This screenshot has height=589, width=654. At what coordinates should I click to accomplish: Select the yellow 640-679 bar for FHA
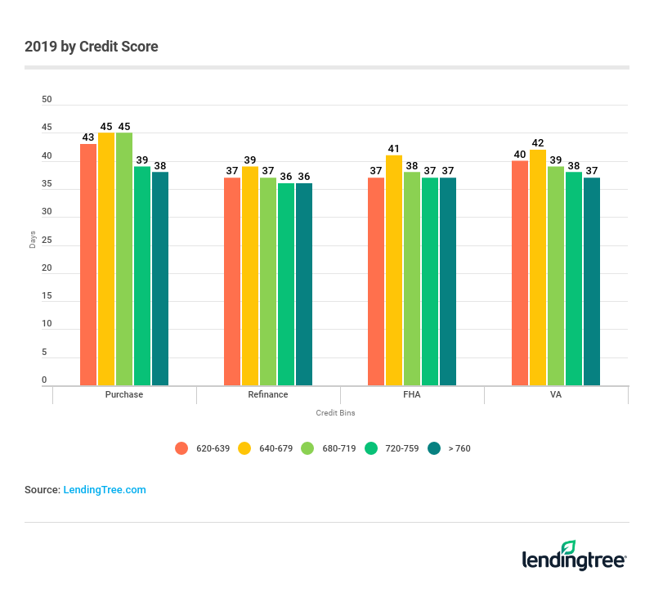394,270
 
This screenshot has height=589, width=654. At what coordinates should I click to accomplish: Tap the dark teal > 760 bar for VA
592,281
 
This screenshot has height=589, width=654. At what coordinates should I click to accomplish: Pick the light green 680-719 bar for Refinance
268,281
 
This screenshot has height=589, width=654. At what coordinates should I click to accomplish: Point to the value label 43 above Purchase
88,137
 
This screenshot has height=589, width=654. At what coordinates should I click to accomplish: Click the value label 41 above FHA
394,149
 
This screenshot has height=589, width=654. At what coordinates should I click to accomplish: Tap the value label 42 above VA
538,143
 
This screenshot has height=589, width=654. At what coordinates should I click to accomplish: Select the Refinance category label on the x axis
268,394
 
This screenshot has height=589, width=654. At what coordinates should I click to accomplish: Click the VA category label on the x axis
556,394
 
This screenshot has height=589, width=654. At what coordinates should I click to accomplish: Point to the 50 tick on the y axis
47,100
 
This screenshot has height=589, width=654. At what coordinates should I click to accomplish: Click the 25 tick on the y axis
47,241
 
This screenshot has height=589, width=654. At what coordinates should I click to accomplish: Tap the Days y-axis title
33,241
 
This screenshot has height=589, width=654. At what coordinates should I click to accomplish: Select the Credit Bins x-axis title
335,413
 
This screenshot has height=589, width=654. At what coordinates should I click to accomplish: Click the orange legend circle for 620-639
181,448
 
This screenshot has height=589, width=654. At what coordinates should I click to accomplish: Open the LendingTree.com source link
105,490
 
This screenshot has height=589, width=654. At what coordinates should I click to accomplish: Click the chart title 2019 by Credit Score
92,47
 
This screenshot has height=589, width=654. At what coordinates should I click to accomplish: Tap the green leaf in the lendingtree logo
568,547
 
